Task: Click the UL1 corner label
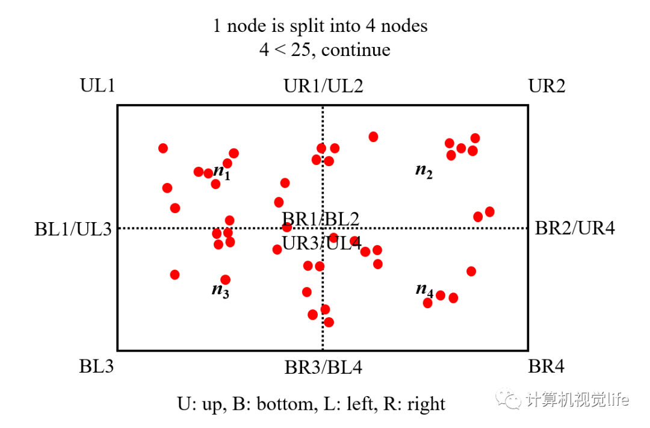[x=97, y=85]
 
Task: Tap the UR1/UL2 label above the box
[x=323, y=85]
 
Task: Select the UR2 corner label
[x=546, y=85]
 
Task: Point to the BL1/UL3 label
[x=73, y=229]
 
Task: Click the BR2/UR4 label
[x=575, y=228]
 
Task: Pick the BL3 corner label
[x=96, y=366]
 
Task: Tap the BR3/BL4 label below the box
[x=323, y=367]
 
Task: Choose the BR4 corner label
[x=546, y=366]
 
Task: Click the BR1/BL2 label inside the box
[x=321, y=218]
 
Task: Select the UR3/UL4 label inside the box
[x=322, y=244]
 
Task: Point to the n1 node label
[x=221, y=173]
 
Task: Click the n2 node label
[x=424, y=170]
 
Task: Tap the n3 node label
[x=220, y=290]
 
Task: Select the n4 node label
[x=424, y=290]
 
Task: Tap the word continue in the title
[x=356, y=49]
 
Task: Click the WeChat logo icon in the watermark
[x=513, y=399]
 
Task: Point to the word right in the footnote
[x=426, y=403]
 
